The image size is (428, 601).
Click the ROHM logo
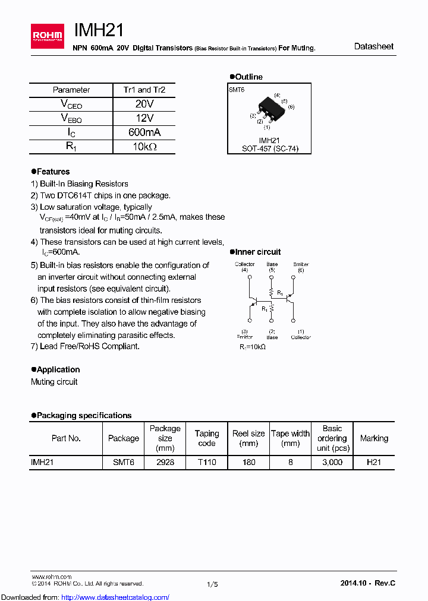tap(48, 36)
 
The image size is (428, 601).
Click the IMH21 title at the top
tap(99, 31)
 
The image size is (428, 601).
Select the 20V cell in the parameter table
tap(144, 104)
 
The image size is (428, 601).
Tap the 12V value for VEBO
tap(144, 118)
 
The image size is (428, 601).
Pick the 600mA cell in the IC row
tap(144, 132)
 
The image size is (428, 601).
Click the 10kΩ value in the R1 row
tap(144, 147)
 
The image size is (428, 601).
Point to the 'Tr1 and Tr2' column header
tap(144, 90)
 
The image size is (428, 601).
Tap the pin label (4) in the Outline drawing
tap(277, 95)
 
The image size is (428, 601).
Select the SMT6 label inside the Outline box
tap(237, 89)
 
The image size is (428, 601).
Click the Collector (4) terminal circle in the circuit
tap(249, 277)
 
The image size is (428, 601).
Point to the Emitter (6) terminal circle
tap(293, 277)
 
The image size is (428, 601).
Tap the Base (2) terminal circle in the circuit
tap(272, 321)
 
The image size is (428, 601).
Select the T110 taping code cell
tap(207, 462)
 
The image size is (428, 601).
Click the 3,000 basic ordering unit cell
tap(332, 462)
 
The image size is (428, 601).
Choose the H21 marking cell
tap(374, 462)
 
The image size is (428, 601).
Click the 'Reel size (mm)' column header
tap(248, 438)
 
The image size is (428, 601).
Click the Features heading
tap(53, 172)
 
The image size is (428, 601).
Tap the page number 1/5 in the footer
tap(213, 584)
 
